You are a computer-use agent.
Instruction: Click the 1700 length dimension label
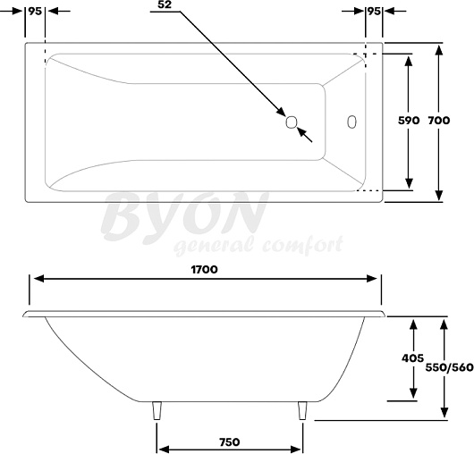(204, 269)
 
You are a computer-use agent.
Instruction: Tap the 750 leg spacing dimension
(230, 442)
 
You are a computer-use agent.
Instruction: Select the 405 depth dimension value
(412, 358)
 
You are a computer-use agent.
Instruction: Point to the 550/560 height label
(449, 367)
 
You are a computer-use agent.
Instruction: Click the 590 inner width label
(409, 121)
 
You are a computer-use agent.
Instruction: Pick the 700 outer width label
(439, 121)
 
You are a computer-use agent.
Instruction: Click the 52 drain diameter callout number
(165, 4)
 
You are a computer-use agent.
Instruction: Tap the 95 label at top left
(35, 12)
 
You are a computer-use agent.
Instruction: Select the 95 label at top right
(374, 12)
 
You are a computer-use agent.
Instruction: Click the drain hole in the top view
(292, 122)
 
